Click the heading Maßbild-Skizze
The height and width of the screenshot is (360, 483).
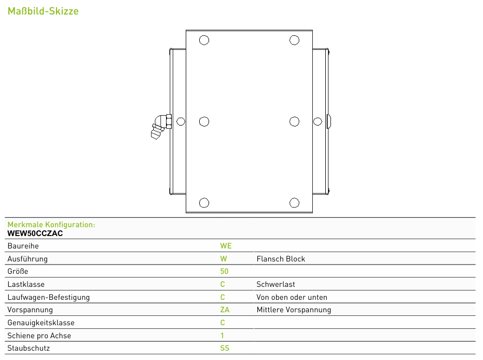(x=43, y=11)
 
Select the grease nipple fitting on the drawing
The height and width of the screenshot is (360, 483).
(x=161, y=127)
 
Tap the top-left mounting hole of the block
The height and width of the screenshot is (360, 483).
(x=204, y=40)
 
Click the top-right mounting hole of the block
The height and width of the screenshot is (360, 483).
(x=294, y=40)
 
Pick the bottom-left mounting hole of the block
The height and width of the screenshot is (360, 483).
(x=204, y=203)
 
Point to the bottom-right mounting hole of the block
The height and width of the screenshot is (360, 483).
(x=294, y=203)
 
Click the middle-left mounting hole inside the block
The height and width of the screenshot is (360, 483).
(x=204, y=121)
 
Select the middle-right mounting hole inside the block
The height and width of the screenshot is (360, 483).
(x=294, y=121)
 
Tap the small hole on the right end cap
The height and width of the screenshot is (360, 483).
(x=318, y=121)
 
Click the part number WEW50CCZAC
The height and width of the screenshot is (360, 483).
(x=35, y=233)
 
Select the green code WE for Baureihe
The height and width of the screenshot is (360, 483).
(x=226, y=246)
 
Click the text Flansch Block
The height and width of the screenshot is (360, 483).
(x=281, y=259)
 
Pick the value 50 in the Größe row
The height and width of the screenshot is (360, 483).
(x=224, y=271)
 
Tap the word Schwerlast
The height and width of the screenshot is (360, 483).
(x=275, y=284)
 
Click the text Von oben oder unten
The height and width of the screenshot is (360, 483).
(x=292, y=297)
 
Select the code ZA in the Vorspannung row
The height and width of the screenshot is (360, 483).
(x=225, y=310)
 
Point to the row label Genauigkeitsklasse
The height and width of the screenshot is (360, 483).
(x=41, y=323)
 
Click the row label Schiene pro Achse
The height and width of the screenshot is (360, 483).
(x=39, y=336)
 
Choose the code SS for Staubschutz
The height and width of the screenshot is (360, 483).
(x=225, y=348)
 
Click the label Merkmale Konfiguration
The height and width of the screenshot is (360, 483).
(x=51, y=225)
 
